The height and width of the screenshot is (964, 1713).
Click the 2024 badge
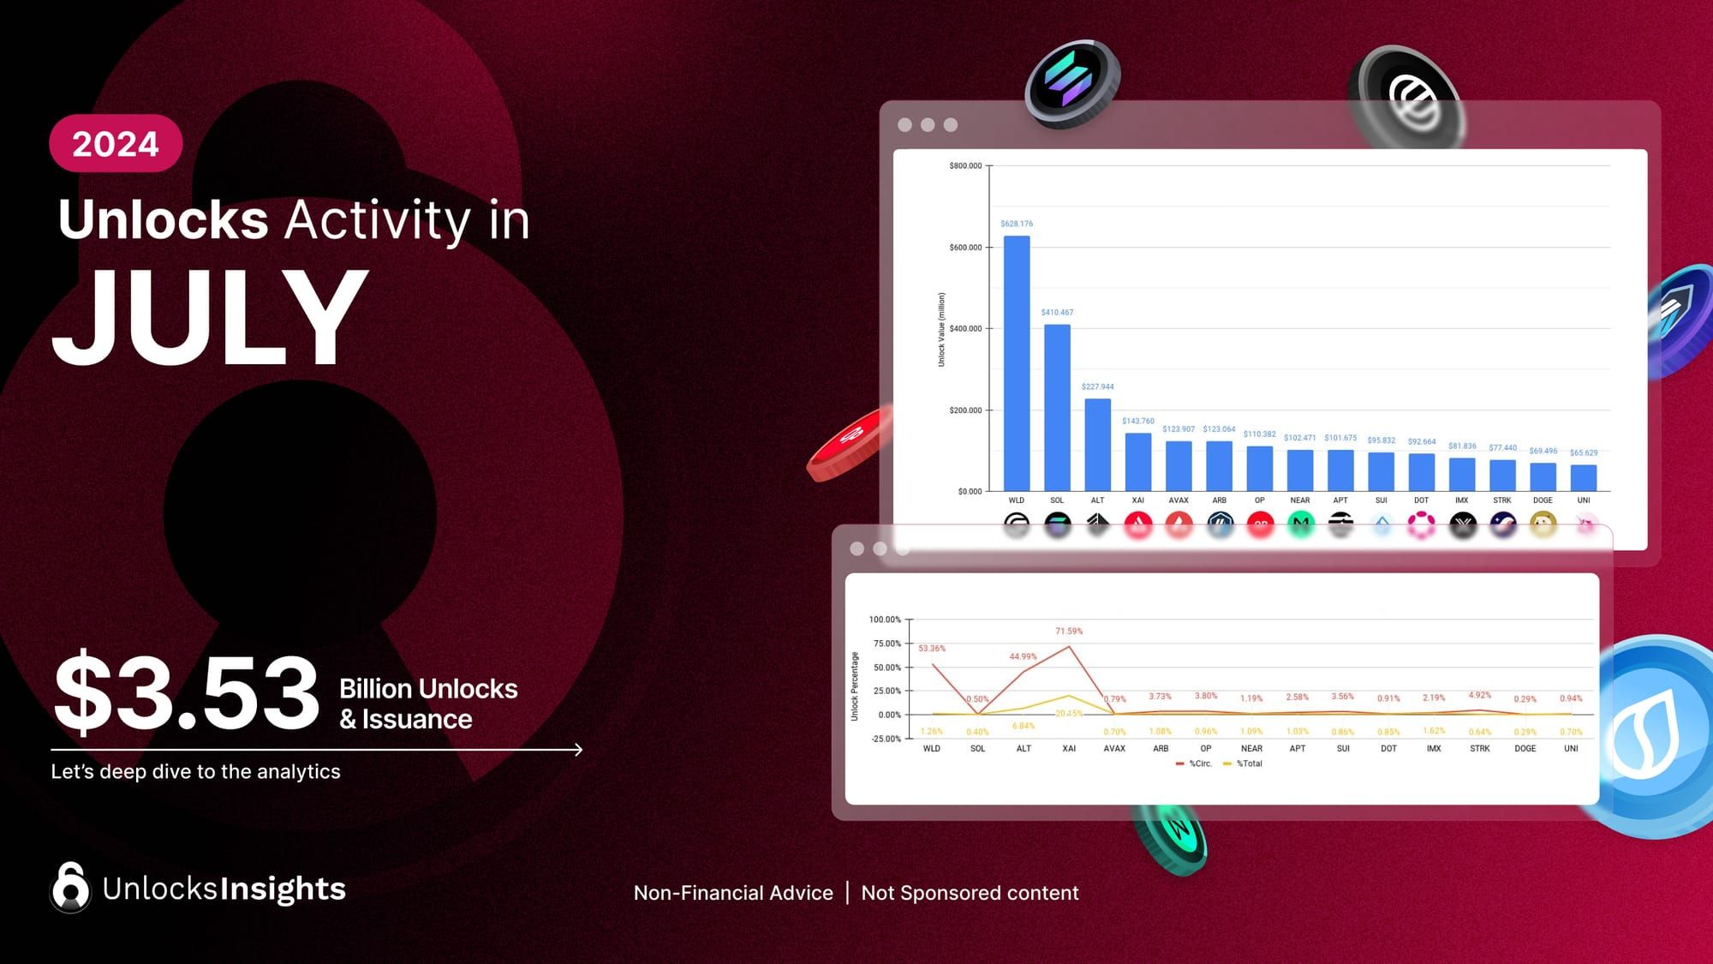(116, 144)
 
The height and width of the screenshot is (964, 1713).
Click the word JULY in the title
(210, 317)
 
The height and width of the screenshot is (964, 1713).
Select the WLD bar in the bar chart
(1017, 363)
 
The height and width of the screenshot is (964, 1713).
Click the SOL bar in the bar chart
(1057, 407)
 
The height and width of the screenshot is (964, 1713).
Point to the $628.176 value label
(1017, 224)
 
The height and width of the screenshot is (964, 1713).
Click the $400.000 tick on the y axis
(965, 329)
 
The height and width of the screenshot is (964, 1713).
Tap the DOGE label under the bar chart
(1543, 500)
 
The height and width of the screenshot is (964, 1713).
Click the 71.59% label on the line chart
(1069, 632)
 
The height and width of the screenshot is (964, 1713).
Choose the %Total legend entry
(1244, 763)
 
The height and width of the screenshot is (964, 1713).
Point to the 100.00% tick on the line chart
(885, 620)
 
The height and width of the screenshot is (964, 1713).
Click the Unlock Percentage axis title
(855, 686)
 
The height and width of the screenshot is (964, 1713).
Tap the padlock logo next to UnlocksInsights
(70, 888)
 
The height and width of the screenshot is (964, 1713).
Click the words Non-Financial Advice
(733, 893)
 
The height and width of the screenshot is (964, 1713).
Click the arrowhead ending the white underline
(579, 750)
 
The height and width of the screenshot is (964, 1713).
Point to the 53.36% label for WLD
(932, 649)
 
